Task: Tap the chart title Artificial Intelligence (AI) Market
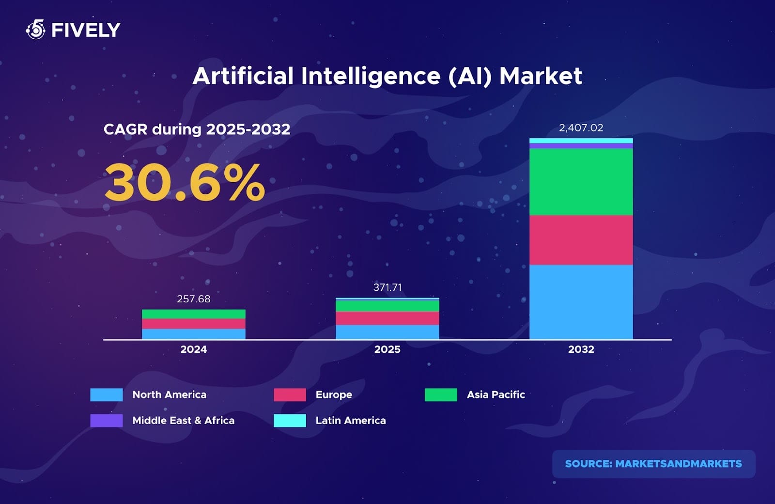387,76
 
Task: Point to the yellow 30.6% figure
185,183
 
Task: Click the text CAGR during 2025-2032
197,129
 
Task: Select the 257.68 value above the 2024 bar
193,299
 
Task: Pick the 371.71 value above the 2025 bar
387,287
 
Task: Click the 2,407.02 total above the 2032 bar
581,128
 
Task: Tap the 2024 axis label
193,349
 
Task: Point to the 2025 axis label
387,349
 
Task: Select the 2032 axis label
581,349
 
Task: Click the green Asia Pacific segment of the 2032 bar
581,182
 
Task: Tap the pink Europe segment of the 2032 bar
581,240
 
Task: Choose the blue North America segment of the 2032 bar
581,301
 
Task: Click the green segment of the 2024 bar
193,314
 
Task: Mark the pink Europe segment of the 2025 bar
387,318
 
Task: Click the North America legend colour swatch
107,394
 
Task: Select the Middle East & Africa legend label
183,421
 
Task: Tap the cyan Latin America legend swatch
290,421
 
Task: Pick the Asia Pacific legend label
496,394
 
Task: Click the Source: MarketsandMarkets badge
653,464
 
